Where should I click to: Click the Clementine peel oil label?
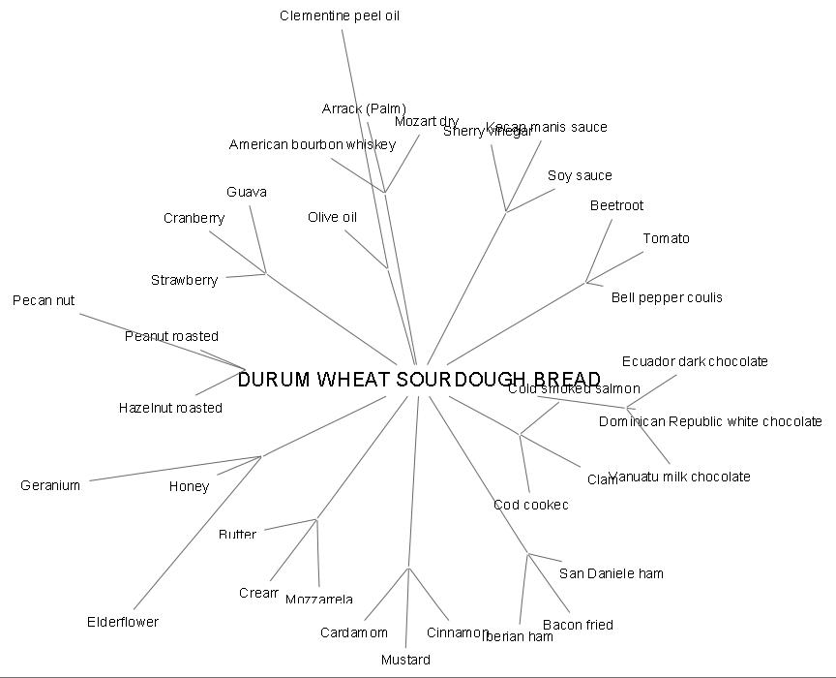point(340,15)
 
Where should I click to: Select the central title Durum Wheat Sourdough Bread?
point(419,380)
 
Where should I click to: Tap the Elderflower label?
point(123,622)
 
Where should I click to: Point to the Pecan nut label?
point(44,300)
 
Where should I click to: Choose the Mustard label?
point(405,660)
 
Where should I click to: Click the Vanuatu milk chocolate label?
point(679,477)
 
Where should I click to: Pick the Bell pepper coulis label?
point(667,297)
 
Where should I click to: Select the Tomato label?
point(667,238)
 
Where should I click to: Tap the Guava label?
point(247,192)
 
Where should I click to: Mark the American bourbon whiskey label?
point(313,144)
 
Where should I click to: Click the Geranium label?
point(50,485)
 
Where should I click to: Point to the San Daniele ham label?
point(612,573)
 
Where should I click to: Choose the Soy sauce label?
point(580,175)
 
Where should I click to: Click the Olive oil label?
point(333,217)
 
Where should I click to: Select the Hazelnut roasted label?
point(170,408)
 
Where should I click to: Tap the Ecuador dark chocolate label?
point(695,361)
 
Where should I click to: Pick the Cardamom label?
point(354,632)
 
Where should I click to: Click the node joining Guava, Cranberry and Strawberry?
point(266,273)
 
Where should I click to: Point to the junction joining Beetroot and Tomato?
point(586,283)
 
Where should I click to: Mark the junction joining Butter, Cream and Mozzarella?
point(316,520)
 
